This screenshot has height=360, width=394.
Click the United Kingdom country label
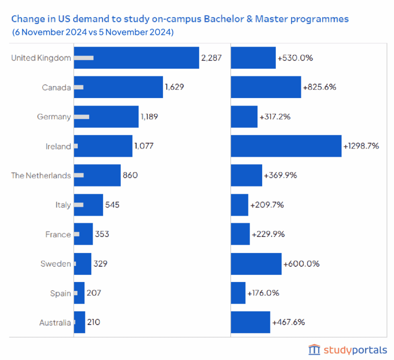pyautogui.click(x=41, y=58)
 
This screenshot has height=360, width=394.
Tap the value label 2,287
pyautogui.click(x=212, y=58)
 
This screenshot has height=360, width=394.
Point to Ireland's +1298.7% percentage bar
pyautogui.click(x=286, y=146)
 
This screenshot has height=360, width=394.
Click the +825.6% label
pyautogui.click(x=319, y=87)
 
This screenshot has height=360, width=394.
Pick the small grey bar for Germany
pyautogui.click(x=82, y=116)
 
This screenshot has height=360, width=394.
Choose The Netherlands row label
pyautogui.click(x=41, y=175)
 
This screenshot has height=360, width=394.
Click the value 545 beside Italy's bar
pyautogui.click(x=112, y=205)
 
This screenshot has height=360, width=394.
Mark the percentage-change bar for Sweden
pyautogui.click(x=256, y=264)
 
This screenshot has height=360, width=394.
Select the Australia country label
pyautogui.click(x=55, y=323)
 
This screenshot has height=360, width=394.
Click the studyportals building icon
pyautogui.click(x=314, y=349)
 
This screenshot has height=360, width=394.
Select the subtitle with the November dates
pyautogui.click(x=93, y=32)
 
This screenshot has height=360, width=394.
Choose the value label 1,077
pyautogui.click(x=144, y=146)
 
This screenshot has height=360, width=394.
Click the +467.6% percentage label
pyautogui.click(x=288, y=322)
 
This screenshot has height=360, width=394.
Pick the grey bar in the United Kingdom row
pyautogui.click(x=84, y=58)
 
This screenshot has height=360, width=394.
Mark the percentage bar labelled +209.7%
pyautogui.click(x=239, y=205)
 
